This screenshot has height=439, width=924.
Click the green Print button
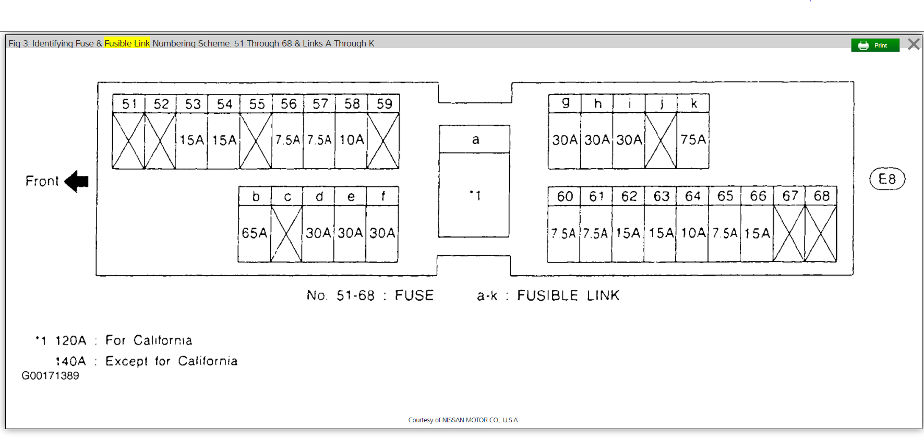pos(875,45)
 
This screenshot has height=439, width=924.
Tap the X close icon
pos(914,44)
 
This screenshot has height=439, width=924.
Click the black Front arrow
pos(77,181)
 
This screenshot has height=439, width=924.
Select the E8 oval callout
pos(887,180)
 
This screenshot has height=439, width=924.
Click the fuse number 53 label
pos(193,104)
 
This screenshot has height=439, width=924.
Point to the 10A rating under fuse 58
pos(352,140)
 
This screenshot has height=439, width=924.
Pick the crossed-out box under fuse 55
pos(256,141)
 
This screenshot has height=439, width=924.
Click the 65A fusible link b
pos(255,233)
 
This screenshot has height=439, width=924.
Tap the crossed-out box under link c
pos(286,233)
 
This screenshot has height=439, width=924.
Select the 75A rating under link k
pos(693,139)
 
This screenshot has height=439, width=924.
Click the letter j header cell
pos(661,103)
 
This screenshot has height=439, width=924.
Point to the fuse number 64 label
pos(693,196)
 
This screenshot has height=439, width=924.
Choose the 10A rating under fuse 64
pos(693,233)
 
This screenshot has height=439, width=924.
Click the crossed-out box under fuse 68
pos(821,233)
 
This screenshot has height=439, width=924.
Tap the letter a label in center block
pos(475,139)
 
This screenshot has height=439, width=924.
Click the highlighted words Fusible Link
pos(127,43)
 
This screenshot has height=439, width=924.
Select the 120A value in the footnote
pos(70,341)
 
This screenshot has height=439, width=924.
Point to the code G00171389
pos(50,376)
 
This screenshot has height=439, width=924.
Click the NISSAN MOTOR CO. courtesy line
pos(463,420)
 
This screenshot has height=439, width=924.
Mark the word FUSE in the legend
pos(414,295)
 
